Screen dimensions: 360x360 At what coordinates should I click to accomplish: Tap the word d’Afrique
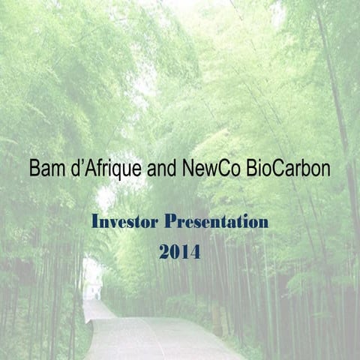106,169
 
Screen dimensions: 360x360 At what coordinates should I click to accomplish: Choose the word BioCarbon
289,169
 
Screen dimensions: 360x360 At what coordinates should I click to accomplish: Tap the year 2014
179,253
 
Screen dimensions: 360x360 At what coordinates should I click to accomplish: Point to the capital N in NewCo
188,169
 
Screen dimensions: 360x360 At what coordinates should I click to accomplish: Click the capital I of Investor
95,222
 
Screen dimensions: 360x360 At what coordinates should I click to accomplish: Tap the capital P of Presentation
170,222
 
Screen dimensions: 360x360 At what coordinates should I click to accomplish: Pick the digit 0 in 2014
175,253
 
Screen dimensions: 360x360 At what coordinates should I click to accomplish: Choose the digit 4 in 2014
195,253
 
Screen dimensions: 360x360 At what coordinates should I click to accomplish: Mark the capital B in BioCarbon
254,169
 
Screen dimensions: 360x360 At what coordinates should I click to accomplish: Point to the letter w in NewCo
212,170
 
